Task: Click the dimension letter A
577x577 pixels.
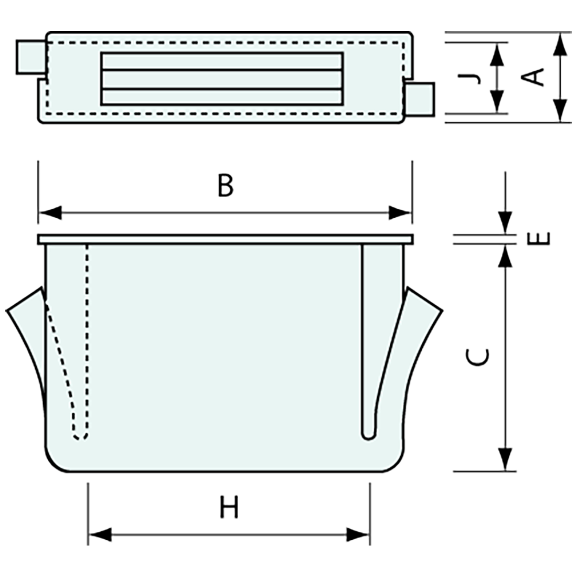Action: click(x=534, y=78)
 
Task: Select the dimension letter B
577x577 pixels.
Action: click(x=225, y=186)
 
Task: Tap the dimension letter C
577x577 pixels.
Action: click(x=478, y=357)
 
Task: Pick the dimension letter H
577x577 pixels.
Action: click(x=229, y=508)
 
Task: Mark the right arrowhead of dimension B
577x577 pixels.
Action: click(x=400, y=213)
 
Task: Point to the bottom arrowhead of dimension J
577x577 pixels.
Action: click(x=497, y=102)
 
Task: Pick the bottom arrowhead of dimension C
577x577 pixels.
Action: click(x=505, y=459)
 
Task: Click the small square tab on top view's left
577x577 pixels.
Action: click(x=30, y=57)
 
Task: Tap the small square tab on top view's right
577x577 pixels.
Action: click(x=420, y=99)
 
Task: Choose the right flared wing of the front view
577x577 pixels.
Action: click(x=422, y=330)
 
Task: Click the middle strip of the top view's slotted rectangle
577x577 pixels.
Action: click(x=221, y=79)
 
